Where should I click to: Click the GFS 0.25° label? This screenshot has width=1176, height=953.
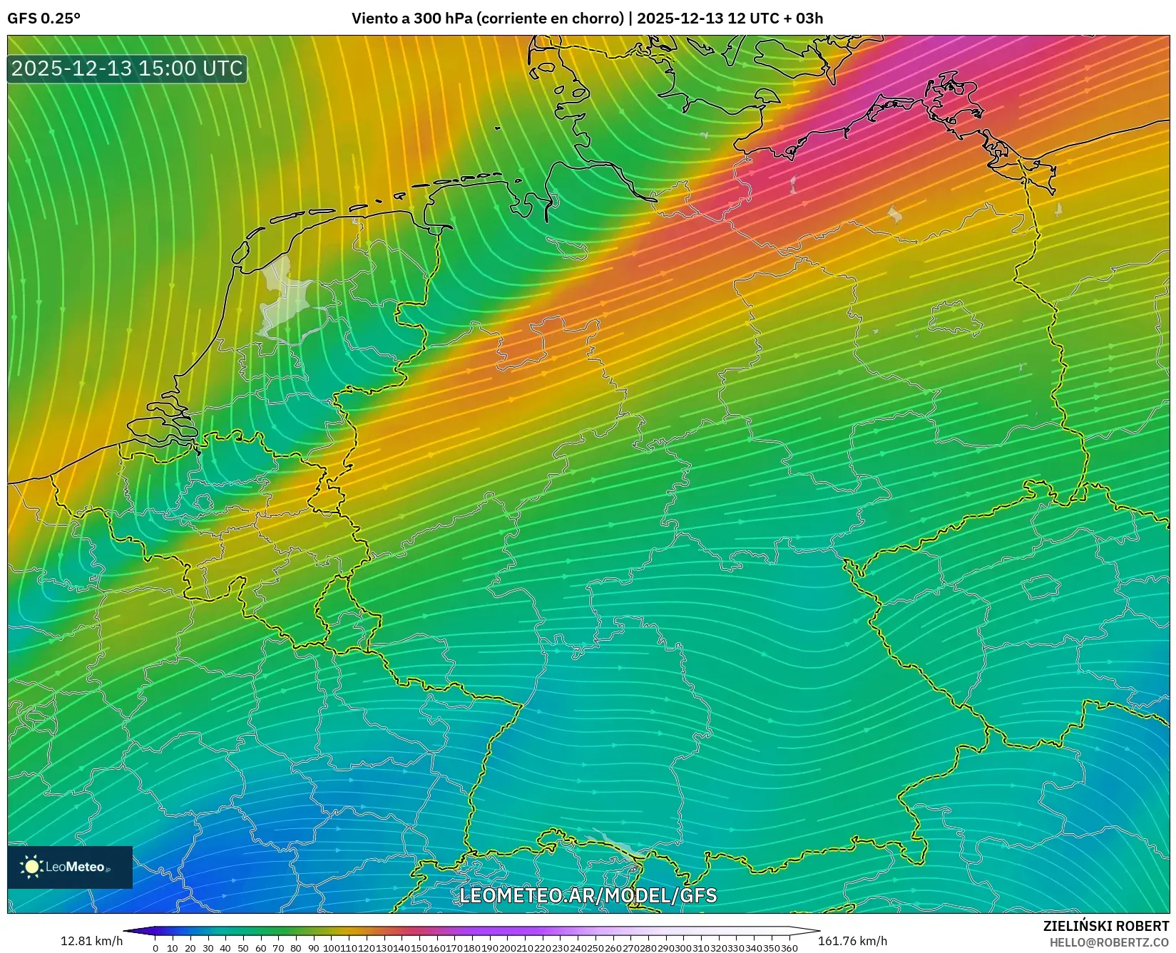click(44, 19)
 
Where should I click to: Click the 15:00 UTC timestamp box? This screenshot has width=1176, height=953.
click(127, 68)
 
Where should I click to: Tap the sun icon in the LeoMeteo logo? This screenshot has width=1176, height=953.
click(31, 867)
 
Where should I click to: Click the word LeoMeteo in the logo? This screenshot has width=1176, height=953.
click(76, 867)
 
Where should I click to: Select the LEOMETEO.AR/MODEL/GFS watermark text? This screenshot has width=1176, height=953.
click(588, 895)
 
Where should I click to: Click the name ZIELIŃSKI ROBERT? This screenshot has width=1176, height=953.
click(1106, 926)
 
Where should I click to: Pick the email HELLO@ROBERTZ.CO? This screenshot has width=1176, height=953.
click(1109, 942)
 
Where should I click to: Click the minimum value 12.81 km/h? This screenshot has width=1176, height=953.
click(91, 941)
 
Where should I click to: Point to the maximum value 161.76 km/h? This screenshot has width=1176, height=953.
click(852, 941)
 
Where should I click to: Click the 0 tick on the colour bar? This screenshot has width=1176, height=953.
click(155, 948)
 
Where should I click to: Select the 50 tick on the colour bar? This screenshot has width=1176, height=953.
click(243, 948)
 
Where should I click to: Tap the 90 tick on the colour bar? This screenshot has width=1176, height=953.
click(314, 948)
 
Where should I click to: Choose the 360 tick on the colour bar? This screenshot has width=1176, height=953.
click(789, 948)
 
